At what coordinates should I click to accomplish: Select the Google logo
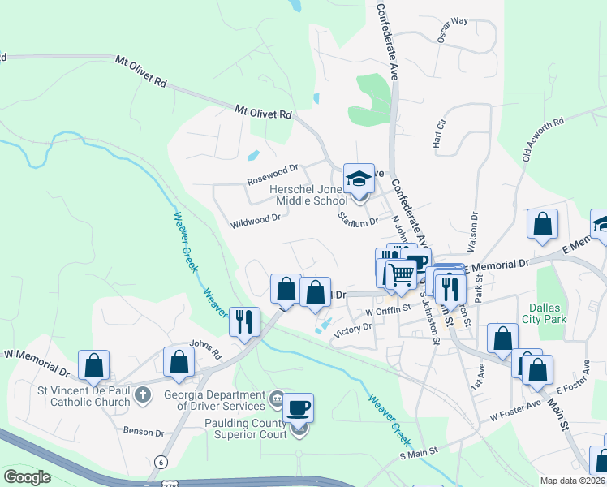pyautogui.click(x=27, y=477)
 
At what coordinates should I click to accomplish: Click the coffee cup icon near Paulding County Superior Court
pyautogui.click(x=298, y=407)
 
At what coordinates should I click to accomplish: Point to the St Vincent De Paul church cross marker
pyautogui.click(x=142, y=395)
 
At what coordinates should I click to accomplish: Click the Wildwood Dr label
pyautogui.click(x=256, y=218)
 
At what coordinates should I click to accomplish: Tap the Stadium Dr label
pyautogui.click(x=358, y=221)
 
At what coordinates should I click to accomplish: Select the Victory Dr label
pyautogui.click(x=351, y=328)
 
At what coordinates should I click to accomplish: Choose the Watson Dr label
pyautogui.click(x=472, y=228)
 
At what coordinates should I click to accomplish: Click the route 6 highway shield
pyautogui.click(x=161, y=462)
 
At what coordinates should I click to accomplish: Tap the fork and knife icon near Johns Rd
pyautogui.click(x=243, y=321)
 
